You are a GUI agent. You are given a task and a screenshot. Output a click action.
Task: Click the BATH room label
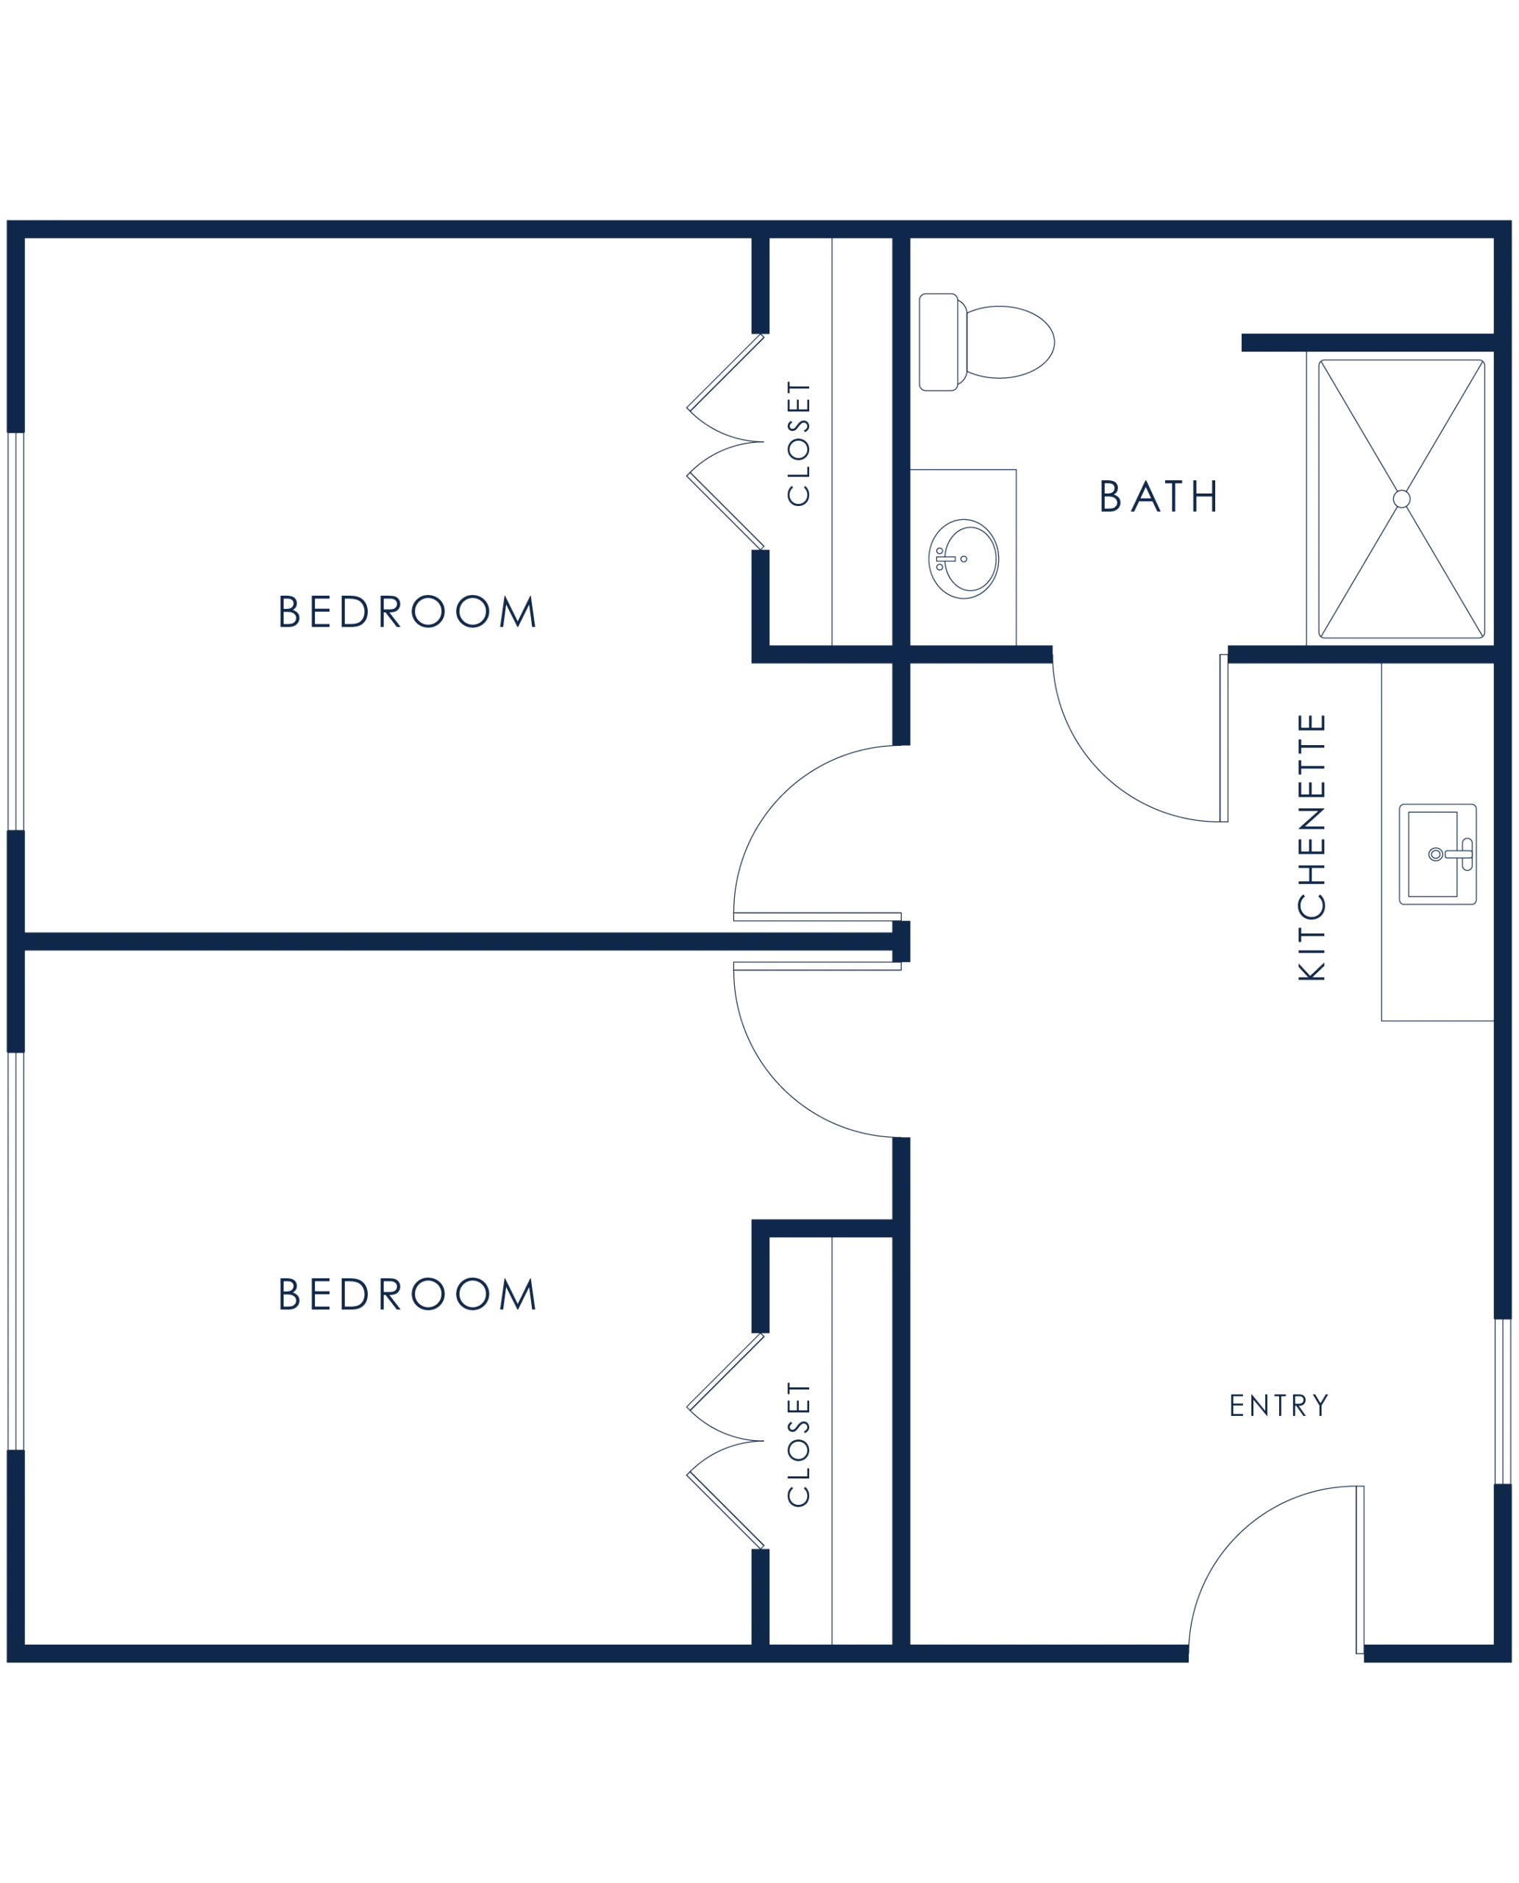(1159, 496)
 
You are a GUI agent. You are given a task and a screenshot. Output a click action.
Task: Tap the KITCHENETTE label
(1312, 847)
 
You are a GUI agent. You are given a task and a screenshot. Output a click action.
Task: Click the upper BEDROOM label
(407, 612)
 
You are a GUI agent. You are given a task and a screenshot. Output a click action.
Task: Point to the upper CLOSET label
(799, 444)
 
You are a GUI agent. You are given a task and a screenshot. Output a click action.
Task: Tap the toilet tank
(939, 342)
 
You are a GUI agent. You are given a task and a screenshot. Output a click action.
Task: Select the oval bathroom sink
(964, 558)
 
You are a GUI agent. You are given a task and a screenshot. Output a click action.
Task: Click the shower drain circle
(1402, 499)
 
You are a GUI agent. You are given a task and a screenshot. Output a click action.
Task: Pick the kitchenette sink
(1437, 854)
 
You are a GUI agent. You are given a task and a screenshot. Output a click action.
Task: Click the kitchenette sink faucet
(1459, 854)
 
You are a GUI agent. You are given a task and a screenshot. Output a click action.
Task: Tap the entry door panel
(1360, 1570)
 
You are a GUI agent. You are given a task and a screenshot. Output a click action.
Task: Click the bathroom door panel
(1223, 738)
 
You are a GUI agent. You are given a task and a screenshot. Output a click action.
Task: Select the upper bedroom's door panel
(817, 917)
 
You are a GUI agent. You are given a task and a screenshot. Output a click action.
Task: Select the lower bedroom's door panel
(817, 966)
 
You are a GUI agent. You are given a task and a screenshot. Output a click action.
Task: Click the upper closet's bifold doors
(725, 442)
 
